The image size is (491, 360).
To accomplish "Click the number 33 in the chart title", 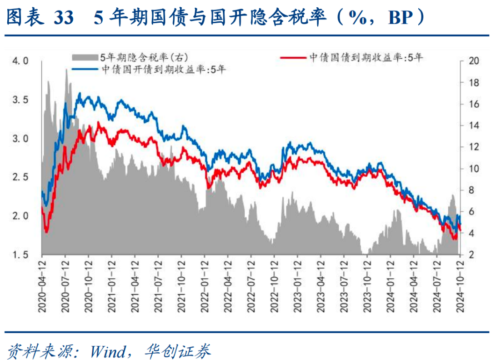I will click(x=63, y=18).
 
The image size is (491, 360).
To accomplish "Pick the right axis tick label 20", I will click(x=473, y=61).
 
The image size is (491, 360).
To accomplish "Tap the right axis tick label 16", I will click(x=473, y=104).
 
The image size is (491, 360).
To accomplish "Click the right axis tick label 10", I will click(x=473, y=169).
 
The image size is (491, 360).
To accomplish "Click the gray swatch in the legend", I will click(x=85, y=57).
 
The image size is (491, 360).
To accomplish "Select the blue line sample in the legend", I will click(x=85, y=69).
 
